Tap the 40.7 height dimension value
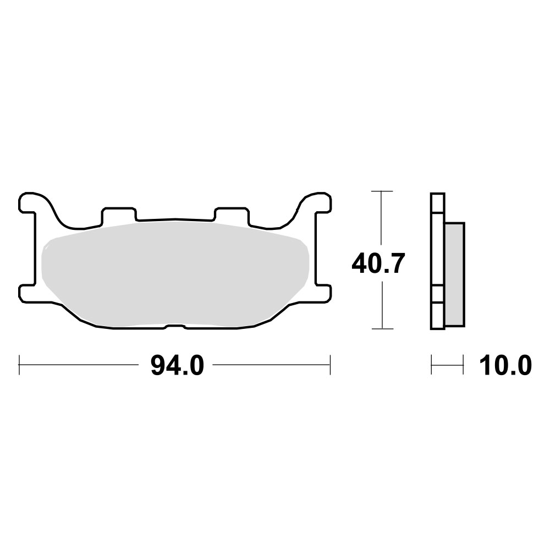(379, 265)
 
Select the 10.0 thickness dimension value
(505, 365)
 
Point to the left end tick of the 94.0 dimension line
(20, 365)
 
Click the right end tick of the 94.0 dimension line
(330, 365)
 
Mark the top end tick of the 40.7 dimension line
(382, 191)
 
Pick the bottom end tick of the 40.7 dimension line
(382, 329)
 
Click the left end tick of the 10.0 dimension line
(432, 365)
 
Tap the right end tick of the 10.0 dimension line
(464, 365)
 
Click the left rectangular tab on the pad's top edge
(118, 216)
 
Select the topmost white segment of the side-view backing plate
(438, 204)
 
